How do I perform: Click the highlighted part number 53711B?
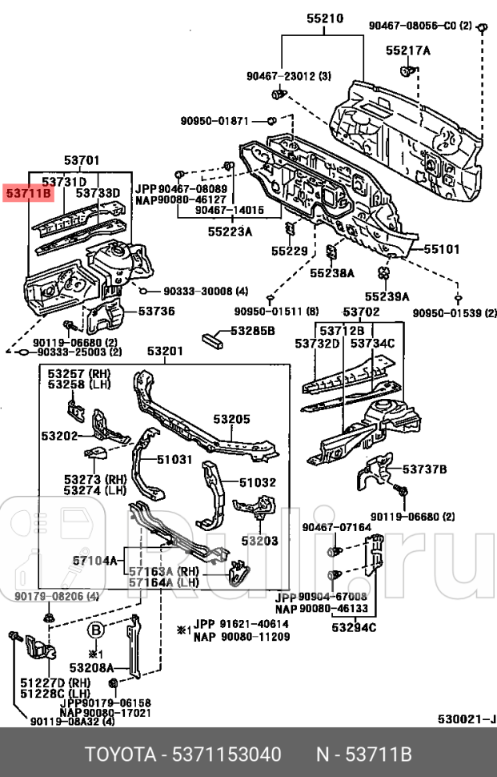tap(29, 193)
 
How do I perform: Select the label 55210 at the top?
tap(324, 18)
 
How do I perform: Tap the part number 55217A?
tap(408, 50)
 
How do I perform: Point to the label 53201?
tap(165, 351)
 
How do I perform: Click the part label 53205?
tap(231, 418)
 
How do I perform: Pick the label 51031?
tap(174, 459)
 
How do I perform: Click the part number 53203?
tap(259, 541)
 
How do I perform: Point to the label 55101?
tap(441, 249)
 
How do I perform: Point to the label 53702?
tap(362, 311)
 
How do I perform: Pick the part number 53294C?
tap(355, 626)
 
